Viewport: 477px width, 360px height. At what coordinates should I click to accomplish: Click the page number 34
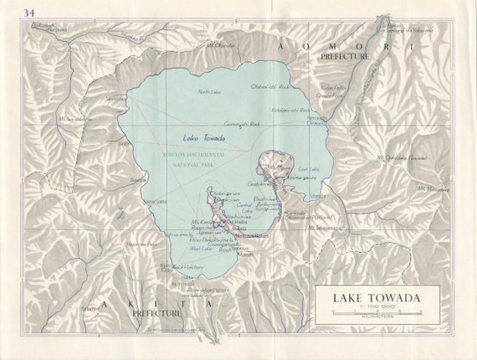(x=30, y=13)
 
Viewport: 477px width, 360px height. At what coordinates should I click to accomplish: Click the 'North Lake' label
(x=209, y=91)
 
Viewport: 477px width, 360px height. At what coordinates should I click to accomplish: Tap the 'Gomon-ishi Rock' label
(x=244, y=123)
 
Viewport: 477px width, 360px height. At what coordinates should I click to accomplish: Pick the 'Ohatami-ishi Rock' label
(x=269, y=85)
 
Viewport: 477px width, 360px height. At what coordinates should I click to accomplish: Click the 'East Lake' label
(x=309, y=170)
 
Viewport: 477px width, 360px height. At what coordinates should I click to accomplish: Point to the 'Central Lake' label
(x=244, y=206)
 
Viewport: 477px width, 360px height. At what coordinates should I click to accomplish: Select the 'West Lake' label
(x=200, y=248)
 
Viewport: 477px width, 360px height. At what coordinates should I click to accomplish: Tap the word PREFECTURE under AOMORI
(x=344, y=55)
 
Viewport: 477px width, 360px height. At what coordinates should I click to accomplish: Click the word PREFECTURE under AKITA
(x=156, y=313)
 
